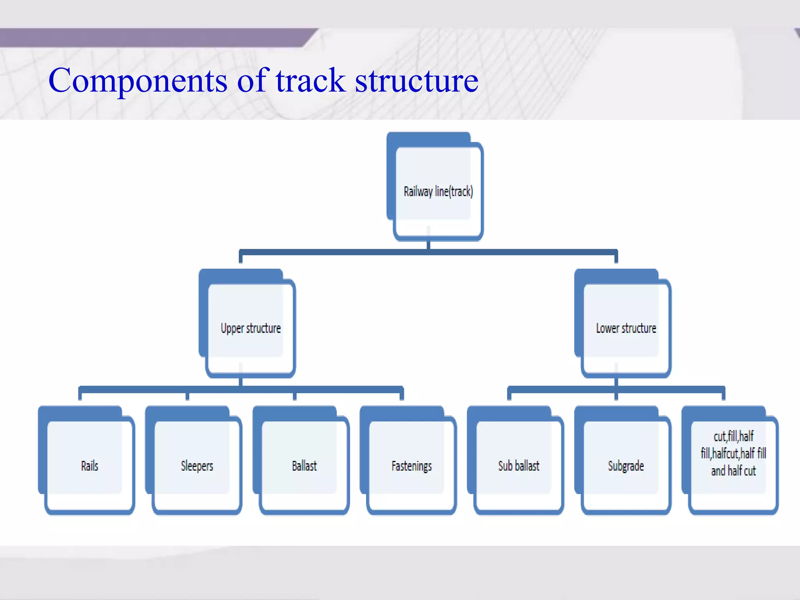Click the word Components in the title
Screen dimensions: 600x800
click(x=137, y=81)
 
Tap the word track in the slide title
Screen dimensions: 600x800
click(x=311, y=80)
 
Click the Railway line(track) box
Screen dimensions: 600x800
click(x=438, y=191)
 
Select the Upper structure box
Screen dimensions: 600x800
click(x=250, y=328)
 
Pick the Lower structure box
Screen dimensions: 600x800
click(x=626, y=328)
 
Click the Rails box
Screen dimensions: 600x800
click(x=89, y=466)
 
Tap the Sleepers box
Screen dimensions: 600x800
click(x=197, y=466)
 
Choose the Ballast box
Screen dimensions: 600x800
click(x=304, y=466)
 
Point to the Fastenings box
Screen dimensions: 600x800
click(x=411, y=466)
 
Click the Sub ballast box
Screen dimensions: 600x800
click(x=519, y=466)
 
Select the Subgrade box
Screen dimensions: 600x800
click(x=626, y=466)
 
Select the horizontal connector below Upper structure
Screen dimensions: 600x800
click(x=156, y=389)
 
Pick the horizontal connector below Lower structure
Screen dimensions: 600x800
click(x=562, y=389)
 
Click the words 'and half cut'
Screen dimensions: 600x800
click(x=733, y=471)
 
